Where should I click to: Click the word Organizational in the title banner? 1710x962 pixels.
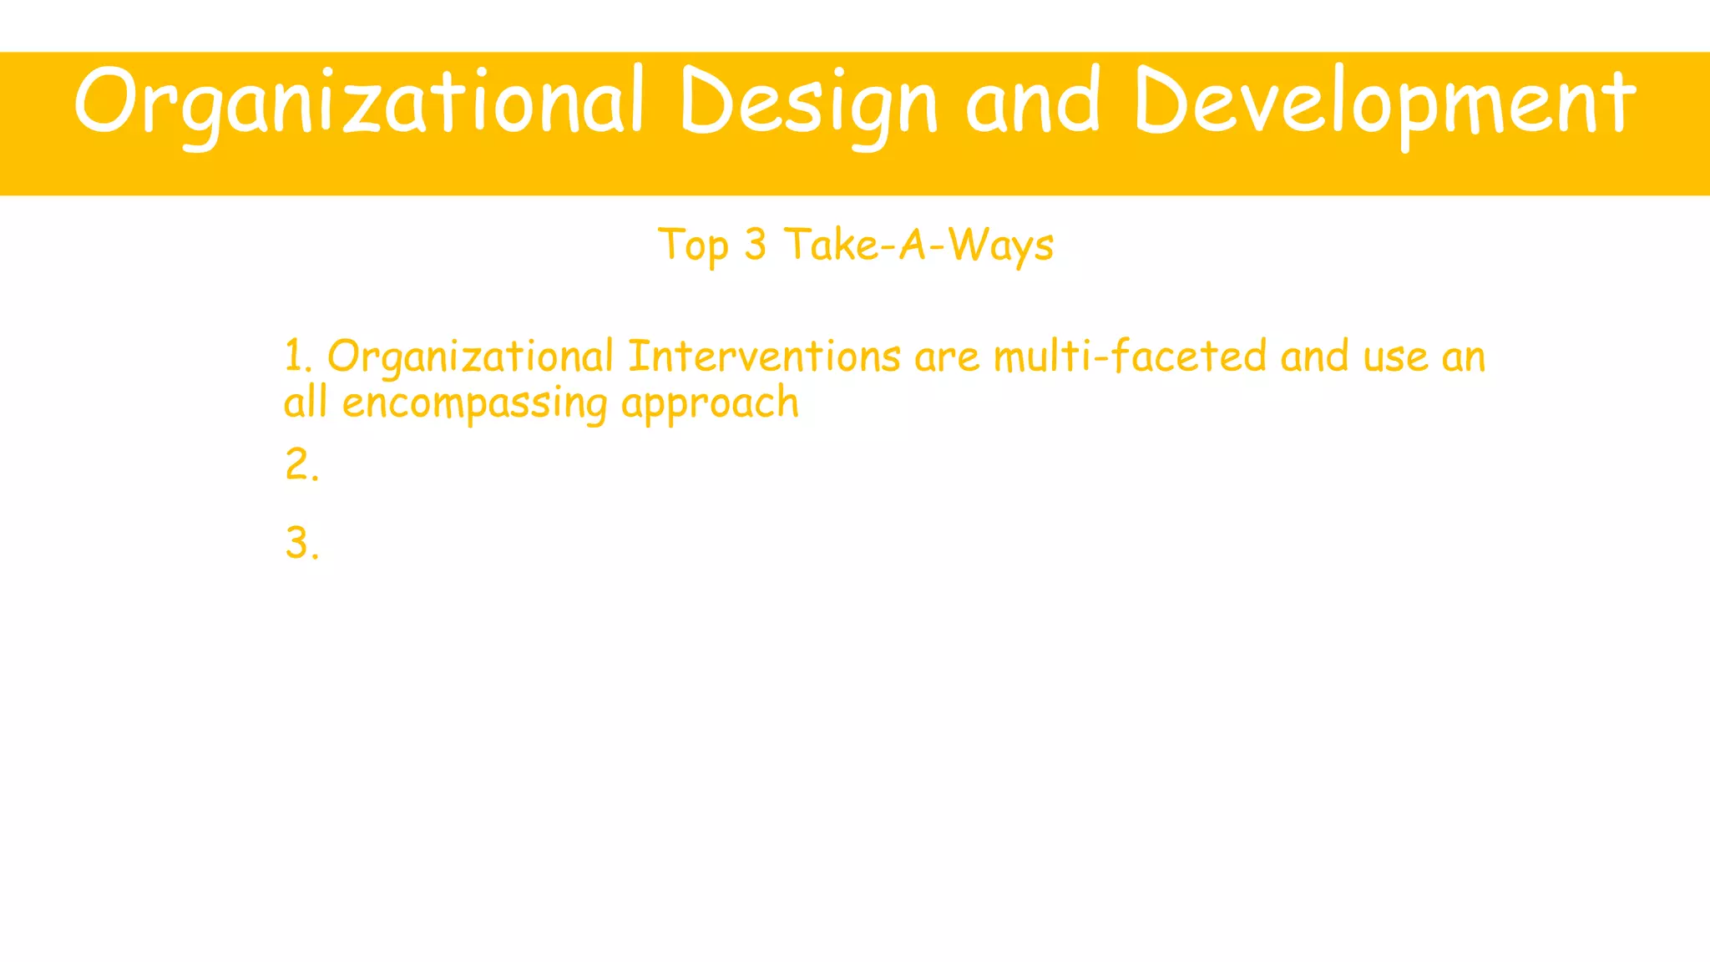(x=359, y=102)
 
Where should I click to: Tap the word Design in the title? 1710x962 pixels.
(x=808, y=102)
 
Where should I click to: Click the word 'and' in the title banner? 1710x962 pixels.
(x=1032, y=102)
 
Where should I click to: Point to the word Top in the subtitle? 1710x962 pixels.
(x=693, y=246)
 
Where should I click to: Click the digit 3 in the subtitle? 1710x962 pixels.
(x=755, y=245)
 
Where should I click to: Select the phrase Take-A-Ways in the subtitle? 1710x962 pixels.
(x=918, y=246)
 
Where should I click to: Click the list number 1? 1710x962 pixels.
(x=297, y=357)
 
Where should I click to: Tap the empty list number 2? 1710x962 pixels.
(x=301, y=465)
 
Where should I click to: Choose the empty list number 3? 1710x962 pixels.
(x=301, y=544)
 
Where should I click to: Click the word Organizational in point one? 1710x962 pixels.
(x=470, y=357)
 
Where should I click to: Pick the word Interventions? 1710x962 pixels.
(x=764, y=357)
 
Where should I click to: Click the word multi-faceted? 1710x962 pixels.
(x=1131, y=357)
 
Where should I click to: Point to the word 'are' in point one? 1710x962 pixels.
(x=947, y=357)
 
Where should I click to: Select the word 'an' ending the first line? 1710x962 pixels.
(x=1464, y=357)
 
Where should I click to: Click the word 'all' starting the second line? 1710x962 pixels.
(x=305, y=403)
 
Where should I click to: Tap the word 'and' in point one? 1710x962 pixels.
(x=1314, y=357)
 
